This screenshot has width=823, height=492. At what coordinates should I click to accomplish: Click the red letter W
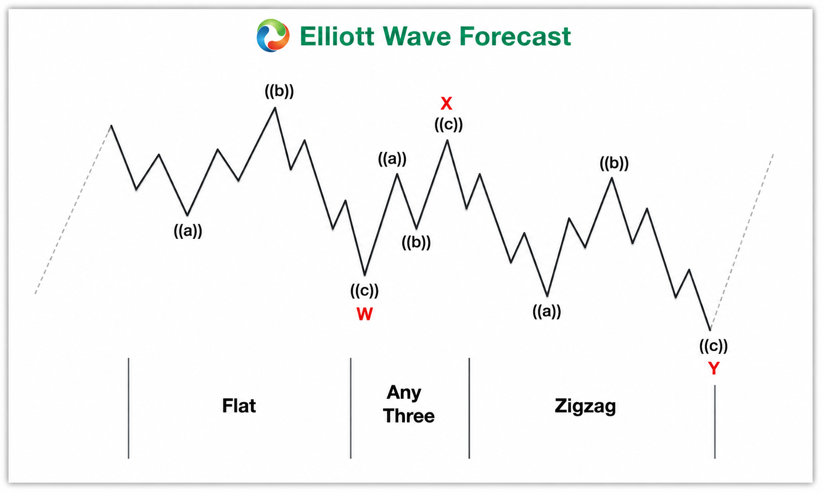coord(364,314)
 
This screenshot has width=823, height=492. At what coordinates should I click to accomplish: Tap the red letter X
coord(446,103)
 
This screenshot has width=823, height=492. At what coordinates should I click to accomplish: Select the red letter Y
coord(713,368)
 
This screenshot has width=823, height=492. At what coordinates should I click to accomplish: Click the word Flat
coord(239,406)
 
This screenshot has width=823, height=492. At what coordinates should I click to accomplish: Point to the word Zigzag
coord(585,407)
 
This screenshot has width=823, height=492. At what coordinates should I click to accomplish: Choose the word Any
coord(404,393)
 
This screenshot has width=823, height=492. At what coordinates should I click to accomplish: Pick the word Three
coord(408,416)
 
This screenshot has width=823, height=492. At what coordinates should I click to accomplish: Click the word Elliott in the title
coord(337,36)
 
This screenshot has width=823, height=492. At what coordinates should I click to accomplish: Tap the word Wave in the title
coord(417,36)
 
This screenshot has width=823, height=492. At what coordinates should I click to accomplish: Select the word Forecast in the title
coord(515,36)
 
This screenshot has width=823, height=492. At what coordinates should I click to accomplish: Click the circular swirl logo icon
coord(272,36)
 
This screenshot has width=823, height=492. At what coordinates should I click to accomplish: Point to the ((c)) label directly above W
coord(364,291)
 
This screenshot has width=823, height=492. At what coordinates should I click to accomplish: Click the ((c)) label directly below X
coord(448,125)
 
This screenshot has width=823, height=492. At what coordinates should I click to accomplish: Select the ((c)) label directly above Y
coord(713,346)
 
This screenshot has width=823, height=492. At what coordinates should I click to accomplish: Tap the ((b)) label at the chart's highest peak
coord(279,91)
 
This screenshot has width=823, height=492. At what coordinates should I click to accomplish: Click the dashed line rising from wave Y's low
coord(742,241)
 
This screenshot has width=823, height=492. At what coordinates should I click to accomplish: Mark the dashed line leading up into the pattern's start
coord(73,209)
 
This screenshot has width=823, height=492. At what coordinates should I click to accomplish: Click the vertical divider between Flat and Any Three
coord(351,408)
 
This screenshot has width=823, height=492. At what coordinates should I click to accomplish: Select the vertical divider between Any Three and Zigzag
coord(469,408)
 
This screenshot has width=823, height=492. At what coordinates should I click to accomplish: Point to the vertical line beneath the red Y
coord(714,421)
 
